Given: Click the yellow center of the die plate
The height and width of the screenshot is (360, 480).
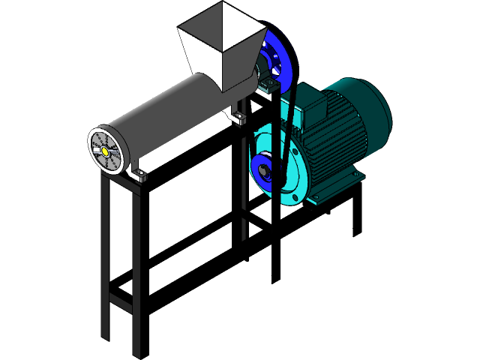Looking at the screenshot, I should coord(106,151).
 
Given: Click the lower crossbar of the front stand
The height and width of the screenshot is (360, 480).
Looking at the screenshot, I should coord(120,303).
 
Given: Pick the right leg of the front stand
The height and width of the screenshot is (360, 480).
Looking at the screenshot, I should coord(136,270).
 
